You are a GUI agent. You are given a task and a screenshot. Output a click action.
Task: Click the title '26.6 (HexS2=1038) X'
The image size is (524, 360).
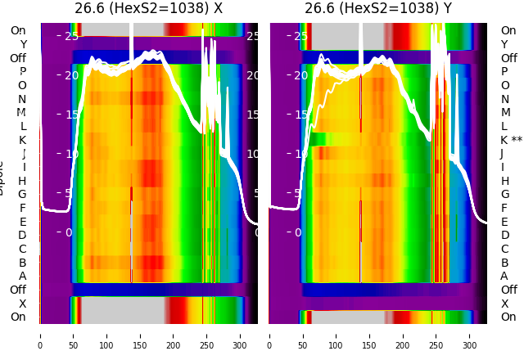(x=148, y=9)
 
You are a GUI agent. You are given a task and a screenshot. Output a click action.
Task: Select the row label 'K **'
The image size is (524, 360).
(x=511, y=140)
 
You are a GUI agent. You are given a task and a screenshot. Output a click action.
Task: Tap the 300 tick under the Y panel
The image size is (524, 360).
(x=470, y=335)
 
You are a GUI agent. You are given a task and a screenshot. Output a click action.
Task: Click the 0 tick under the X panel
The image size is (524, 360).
(x=39, y=335)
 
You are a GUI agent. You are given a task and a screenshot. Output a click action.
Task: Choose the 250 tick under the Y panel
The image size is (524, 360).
(x=436, y=335)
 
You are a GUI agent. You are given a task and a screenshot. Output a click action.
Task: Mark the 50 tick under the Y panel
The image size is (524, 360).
(x=303, y=335)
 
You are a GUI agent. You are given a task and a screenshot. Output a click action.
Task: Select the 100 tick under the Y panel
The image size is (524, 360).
(x=337, y=335)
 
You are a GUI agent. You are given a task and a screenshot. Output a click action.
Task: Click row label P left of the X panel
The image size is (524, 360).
(x=22, y=72)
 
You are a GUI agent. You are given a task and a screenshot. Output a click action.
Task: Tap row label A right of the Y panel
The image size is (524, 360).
(x=504, y=277)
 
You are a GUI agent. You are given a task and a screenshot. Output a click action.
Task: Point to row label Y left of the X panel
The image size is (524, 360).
(x=22, y=44)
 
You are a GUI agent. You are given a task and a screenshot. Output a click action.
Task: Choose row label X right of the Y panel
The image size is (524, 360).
(x=504, y=304)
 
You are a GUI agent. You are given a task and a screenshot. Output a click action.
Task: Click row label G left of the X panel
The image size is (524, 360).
(x=22, y=195)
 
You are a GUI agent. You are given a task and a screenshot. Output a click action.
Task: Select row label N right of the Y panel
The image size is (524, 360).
(x=504, y=99)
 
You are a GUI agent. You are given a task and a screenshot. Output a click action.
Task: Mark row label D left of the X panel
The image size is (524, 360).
(x=22, y=236)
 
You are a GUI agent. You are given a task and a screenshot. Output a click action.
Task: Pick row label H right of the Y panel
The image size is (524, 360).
(x=504, y=181)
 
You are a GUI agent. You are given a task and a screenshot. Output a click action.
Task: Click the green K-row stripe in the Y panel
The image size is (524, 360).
(x=327, y=139)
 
